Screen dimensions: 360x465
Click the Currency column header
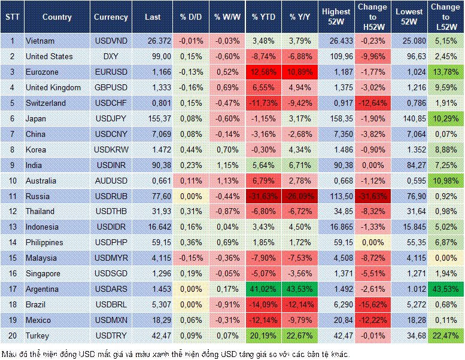point(111,17)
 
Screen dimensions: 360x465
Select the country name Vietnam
point(40,41)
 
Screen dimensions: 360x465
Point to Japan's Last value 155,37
point(158,118)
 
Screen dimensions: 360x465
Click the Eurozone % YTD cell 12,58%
point(263,72)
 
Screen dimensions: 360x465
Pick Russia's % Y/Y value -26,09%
point(300,196)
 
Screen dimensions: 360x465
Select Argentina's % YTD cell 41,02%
point(263,289)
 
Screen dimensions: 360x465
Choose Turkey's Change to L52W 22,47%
point(446,336)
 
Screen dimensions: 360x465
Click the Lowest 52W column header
point(410,17)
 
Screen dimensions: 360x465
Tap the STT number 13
point(12,227)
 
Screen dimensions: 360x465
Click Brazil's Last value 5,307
point(158,305)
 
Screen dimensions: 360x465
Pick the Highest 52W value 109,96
point(335,56)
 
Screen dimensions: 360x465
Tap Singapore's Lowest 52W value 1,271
point(410,274)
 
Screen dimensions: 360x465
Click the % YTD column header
point(263,17)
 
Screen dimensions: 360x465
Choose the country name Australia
point(41,181)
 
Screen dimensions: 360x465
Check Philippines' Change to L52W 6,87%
point(446,243)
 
